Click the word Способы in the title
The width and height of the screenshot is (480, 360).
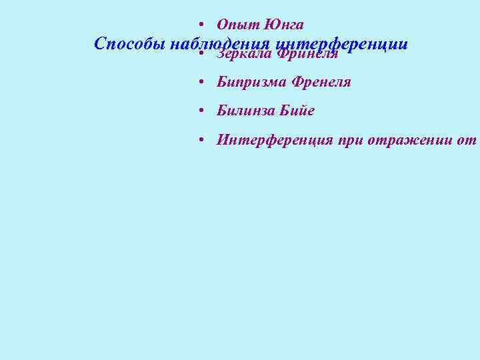[x=130, y=44]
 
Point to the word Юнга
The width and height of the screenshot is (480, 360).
[x=284, y=25]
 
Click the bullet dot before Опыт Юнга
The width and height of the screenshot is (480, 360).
[x=201, y=25]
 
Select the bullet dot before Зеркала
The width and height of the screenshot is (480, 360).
[x=201, y=54]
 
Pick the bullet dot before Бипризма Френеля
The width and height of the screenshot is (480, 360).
[x=201, y=83]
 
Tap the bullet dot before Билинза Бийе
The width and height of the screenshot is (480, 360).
[x=201, y=111]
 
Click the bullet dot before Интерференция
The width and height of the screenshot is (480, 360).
[x=201, y=140]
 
